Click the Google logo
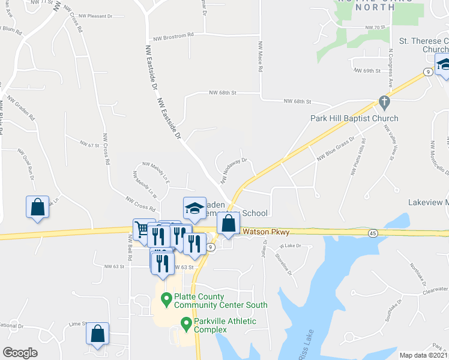pos(20,353)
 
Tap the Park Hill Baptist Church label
pos(354,118)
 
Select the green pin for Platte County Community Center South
pos(166,297)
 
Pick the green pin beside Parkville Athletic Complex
pos(187,325)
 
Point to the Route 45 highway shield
pos(373,232)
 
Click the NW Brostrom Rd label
pos(173,35)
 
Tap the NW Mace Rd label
pos(261,57)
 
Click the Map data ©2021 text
pos(423,355)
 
